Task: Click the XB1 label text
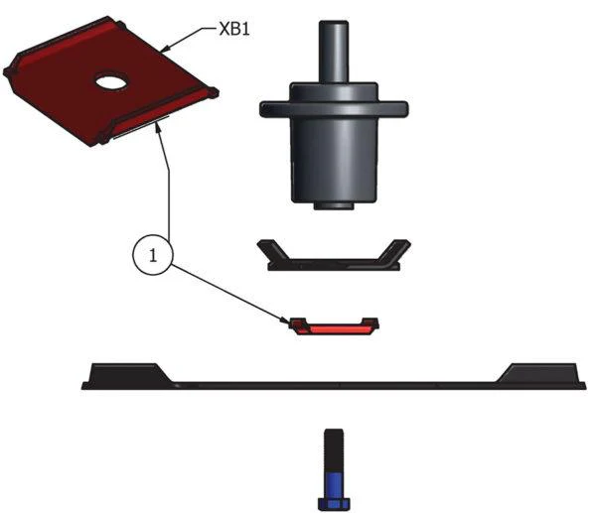[x=234, y=30]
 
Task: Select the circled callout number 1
[x=153, y=255]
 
